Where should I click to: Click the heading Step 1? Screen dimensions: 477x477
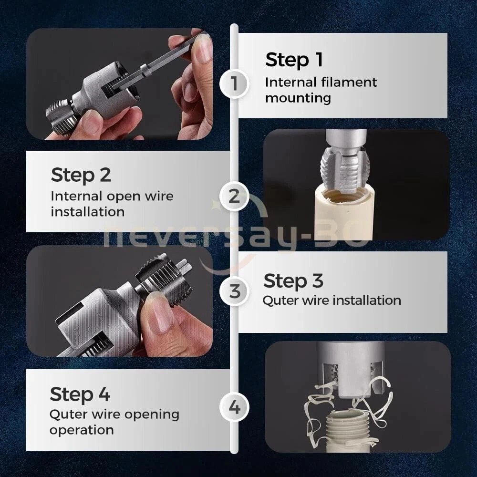coord(294,60)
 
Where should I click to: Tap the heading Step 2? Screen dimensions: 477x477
coord(81,175)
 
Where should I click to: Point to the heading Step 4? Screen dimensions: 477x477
coord(80,394)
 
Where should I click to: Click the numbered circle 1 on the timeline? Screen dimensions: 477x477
coord(234,83)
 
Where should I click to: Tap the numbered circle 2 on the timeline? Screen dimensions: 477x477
coord(234,197)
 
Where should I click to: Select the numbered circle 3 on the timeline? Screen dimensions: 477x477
coord(234,291)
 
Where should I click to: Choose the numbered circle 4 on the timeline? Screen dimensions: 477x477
coord(234,407)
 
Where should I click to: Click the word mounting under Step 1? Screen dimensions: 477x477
coord(298,98)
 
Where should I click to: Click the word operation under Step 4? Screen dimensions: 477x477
coord(82,430)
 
